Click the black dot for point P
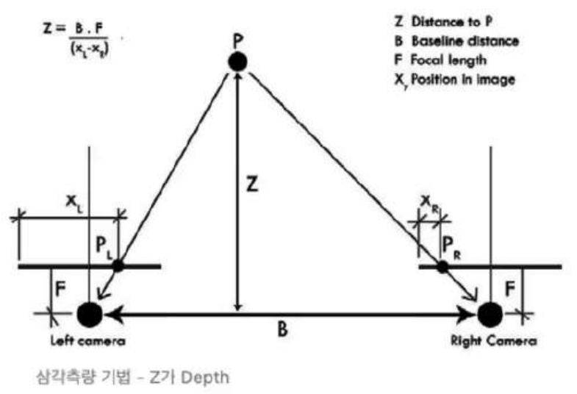(x=237, y=62)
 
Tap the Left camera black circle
(x=89, y=314)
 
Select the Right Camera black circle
(x=489, y=314)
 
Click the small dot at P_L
(x=118, y=265)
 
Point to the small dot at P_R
(x=442, y=266)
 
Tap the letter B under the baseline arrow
(x=282, y=331)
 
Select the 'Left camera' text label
(x=88, y=341)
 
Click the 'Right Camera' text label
(x=494, y=341)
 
